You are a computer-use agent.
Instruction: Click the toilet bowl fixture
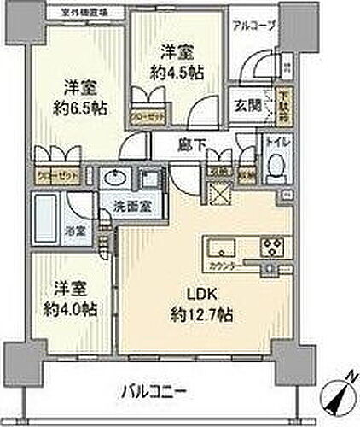click(x=274, y=171)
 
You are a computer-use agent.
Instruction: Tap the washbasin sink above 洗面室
click(x=113, y=179)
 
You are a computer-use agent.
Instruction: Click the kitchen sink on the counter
click(x=218, y=249)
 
